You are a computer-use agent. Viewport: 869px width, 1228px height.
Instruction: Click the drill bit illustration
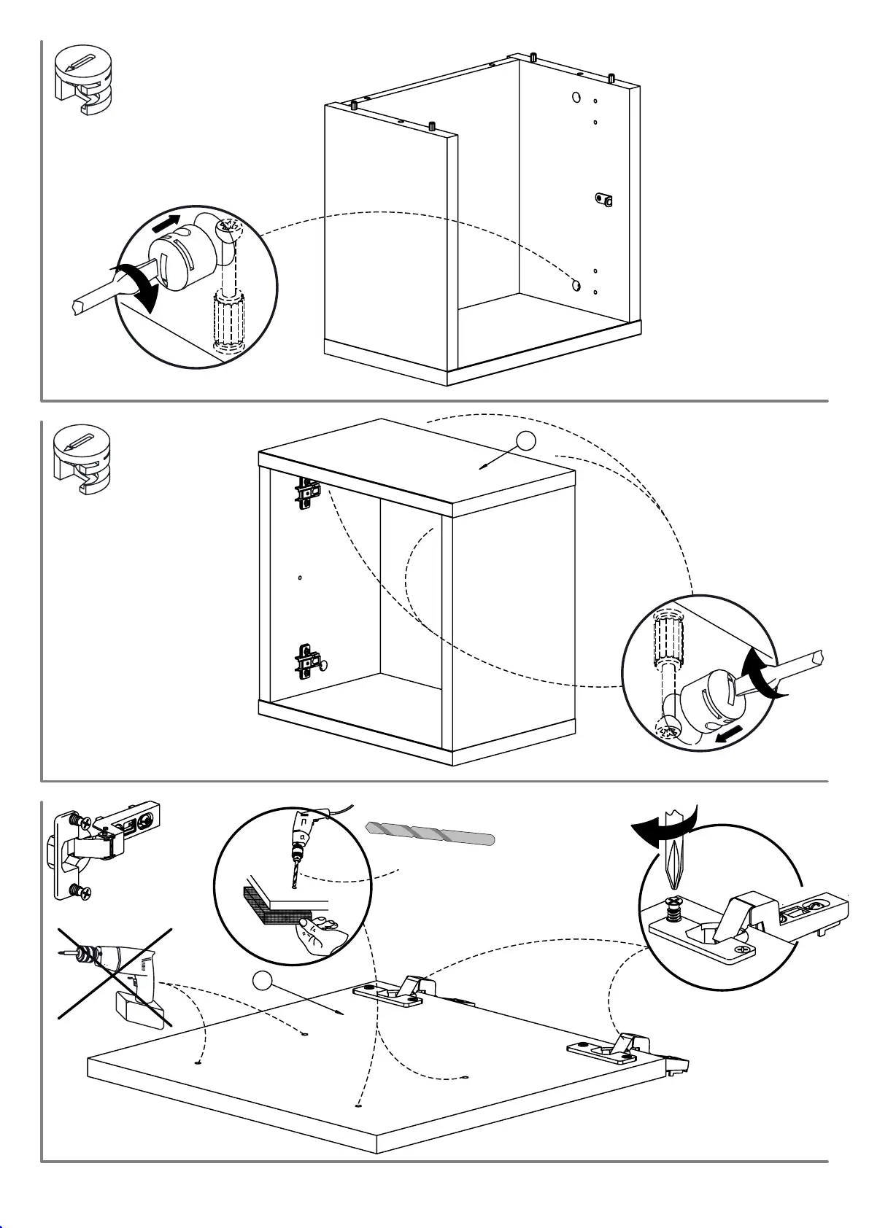430,833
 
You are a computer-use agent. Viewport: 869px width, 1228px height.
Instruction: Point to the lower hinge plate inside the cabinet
309,662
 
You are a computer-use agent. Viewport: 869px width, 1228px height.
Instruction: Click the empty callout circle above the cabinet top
526,440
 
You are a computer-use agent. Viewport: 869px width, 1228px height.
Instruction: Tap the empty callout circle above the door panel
263,981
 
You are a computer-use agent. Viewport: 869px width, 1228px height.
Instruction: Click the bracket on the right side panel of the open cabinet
603,199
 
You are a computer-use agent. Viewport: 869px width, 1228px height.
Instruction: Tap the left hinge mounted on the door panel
394,992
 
